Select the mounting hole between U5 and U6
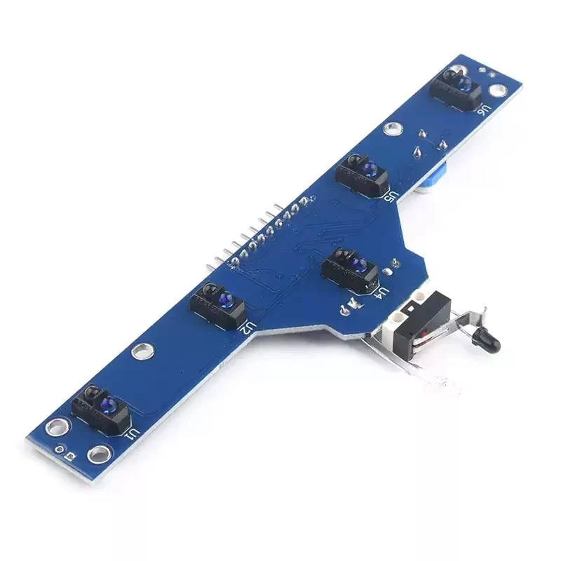click(392, 127)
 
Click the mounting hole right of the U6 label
click(499, 90)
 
